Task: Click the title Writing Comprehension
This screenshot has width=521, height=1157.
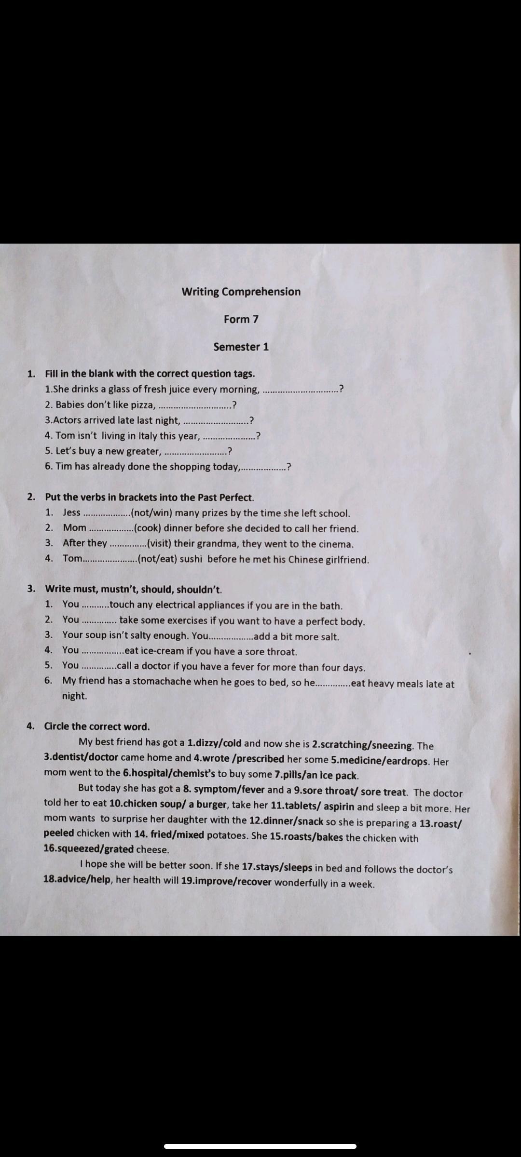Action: tap(241, 292)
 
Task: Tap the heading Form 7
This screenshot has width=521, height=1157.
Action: tap(241, 319)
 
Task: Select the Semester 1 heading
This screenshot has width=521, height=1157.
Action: tap(241, 347)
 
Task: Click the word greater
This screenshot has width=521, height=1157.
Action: tap(143, 451)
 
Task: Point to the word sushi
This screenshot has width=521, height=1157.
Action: tap(191, 560)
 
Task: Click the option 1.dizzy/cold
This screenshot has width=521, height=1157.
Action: tap(214, 743)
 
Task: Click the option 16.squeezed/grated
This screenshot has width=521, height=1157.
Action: tap(88, 848)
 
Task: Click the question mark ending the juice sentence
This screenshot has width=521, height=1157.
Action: tap(342, 389)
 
